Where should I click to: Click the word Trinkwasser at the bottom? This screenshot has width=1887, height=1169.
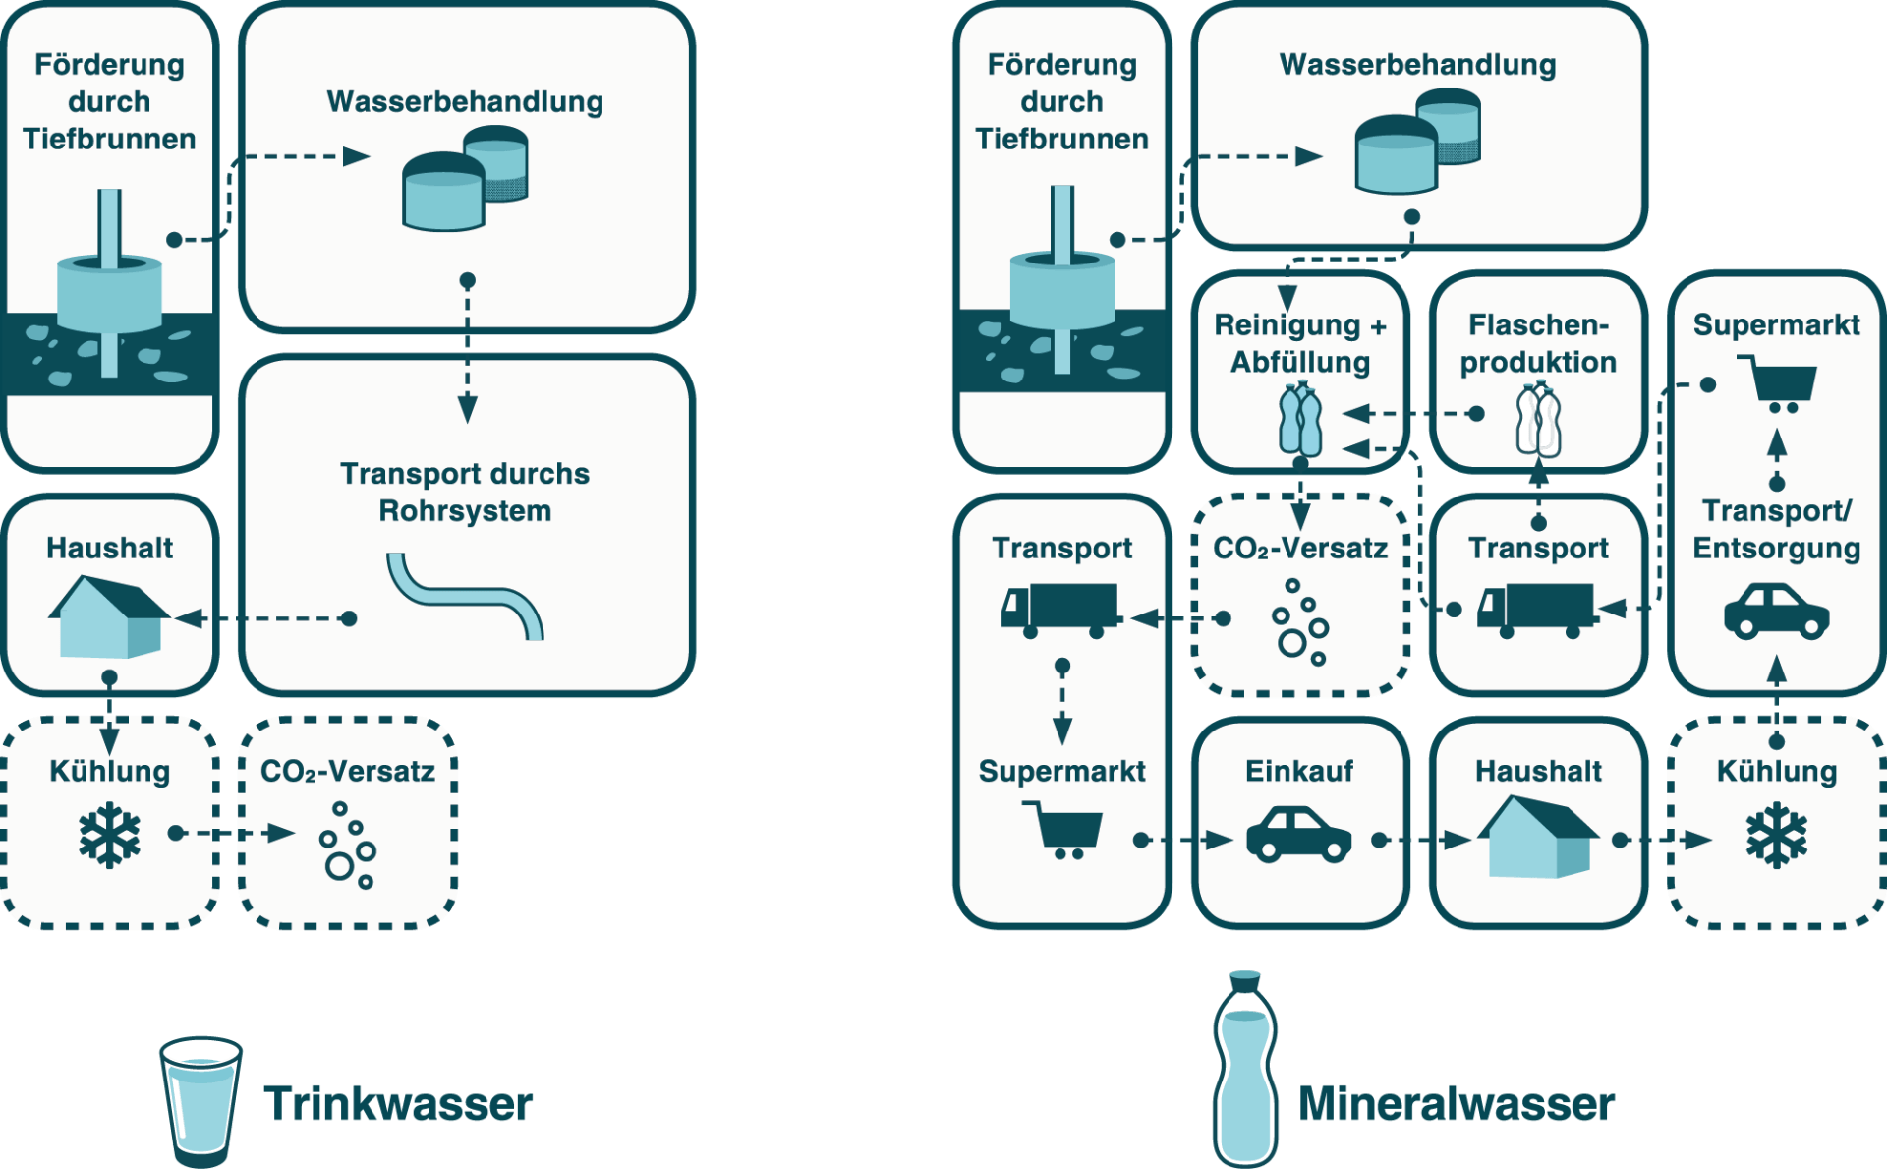(x=398, y=1103)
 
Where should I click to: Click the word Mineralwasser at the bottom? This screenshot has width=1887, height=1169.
(x=1456, y=1103)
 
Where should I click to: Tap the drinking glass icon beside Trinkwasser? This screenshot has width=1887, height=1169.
(x=200, y=1099)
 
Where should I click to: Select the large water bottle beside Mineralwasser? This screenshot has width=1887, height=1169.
(x=1245, y=1067)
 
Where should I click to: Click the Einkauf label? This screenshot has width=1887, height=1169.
(x=1299, y=771)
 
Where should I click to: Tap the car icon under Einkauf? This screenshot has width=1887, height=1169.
(x=1298, y=836)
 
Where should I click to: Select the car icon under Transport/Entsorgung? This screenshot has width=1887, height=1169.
(x=1776, y=612)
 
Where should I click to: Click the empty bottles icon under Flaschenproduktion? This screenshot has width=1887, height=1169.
(x=1538, y=421)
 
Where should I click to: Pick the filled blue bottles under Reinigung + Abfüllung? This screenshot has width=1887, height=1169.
(x=1300, y=421)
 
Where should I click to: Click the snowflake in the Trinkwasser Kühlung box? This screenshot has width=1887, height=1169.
(x=109, y=836)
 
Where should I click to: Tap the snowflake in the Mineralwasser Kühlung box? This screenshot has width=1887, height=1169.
(x=1776, y=836)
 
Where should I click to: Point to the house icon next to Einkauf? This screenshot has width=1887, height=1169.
(x=1538, y=837)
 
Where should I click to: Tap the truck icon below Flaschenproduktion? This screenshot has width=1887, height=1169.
(x=1536, y=610)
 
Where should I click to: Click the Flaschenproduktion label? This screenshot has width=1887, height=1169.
(x=1538, y=343)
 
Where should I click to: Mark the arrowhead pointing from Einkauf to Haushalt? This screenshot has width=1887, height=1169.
(x=1457, y=840)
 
